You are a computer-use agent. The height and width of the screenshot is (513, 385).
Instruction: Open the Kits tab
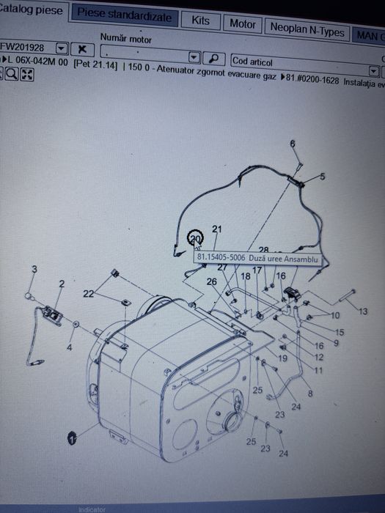pyautogui.click(x=200, y=21)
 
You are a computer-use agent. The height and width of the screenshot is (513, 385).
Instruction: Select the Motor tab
pyautogui.click(x=242, y=24)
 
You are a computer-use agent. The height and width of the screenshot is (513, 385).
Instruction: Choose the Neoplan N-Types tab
pyautogui.click(x=307, y=30)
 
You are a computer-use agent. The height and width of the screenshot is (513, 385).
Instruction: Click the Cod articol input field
pyautogui.click(x=300, y=62)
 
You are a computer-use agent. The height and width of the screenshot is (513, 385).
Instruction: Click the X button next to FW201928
pyautogui.click(x=82, y=48)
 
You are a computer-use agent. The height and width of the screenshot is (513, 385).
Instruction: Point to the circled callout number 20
pyautogui.click(x=195, y=239)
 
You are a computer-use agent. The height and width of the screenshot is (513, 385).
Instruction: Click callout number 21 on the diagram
pyautogui.click(x=216, y=229)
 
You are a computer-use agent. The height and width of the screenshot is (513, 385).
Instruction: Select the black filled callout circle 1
pyautogui.click(x=72, y=438)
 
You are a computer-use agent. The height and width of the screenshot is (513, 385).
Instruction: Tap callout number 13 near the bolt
pyautogui.click(x=364, y=311)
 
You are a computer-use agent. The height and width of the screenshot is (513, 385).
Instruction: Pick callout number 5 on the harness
pyautogui.click(x=321, y=177)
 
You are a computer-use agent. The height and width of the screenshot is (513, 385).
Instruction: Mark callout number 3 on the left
pyautogui.click(x=34, y=270)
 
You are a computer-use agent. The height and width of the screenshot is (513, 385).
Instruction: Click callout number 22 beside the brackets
pyautogui.click(x=89, y=293)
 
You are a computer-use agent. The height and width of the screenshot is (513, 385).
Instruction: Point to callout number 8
pyautogui.click(x=310, y=394)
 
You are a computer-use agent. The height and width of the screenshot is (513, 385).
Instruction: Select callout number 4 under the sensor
pyautogui.click(x=69, y=347)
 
